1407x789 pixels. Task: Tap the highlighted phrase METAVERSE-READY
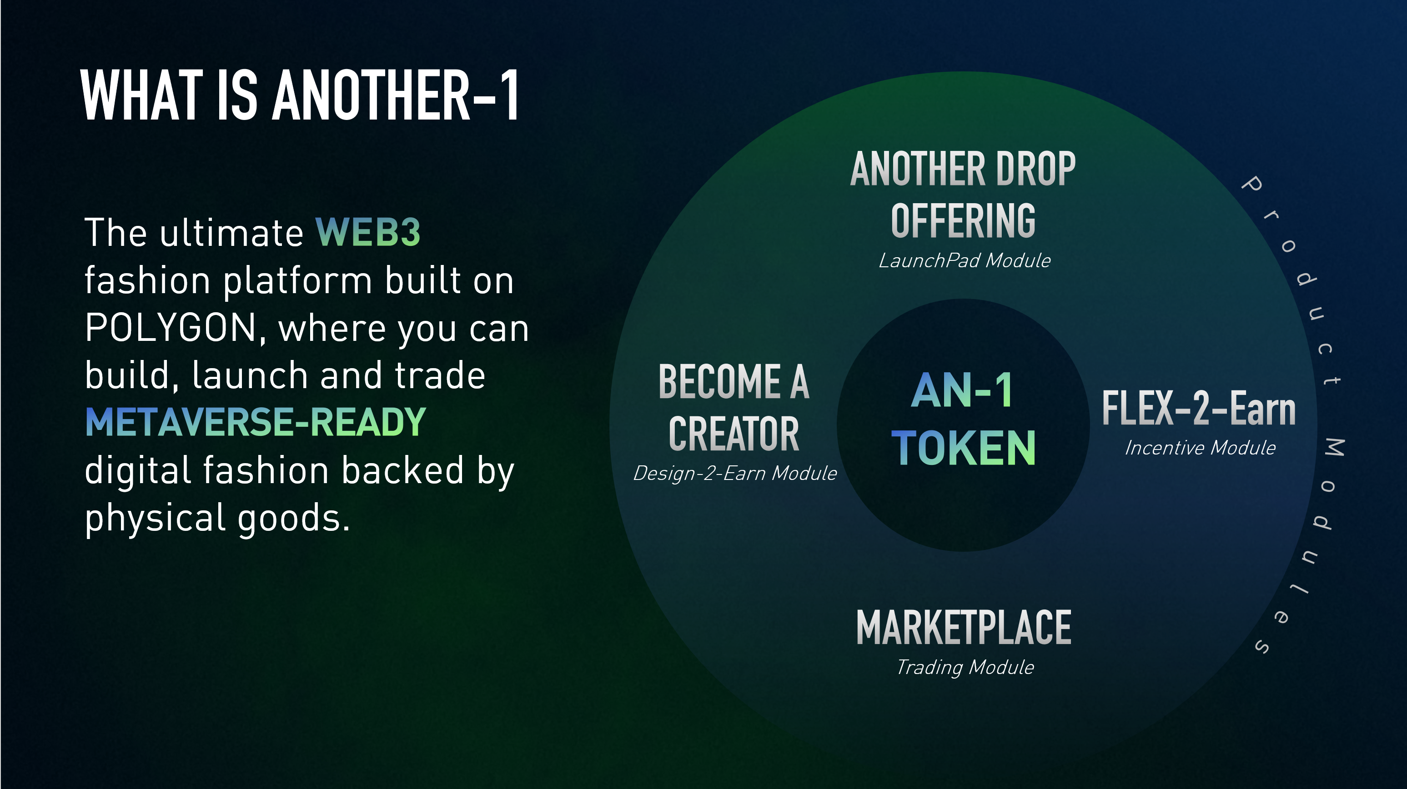pos(256,422)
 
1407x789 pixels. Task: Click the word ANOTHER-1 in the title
pos(396,95)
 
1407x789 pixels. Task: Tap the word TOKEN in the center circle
pos(964,448)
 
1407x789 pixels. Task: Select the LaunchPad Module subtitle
pos(965,261)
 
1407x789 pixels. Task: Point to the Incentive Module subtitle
pos(1200,448)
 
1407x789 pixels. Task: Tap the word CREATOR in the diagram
pos(734,434)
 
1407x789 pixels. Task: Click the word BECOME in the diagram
pos(719,382)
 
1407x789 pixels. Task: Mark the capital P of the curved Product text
pos(1252,184)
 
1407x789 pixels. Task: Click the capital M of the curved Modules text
pos(1334,448)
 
